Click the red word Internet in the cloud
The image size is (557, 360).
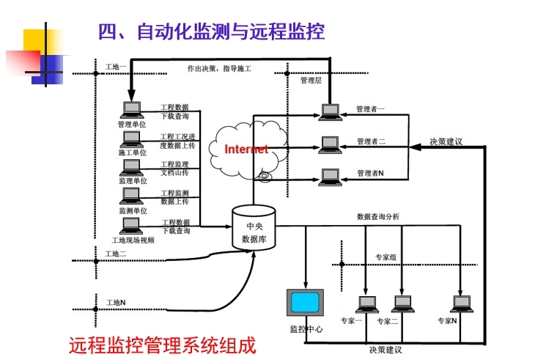click(x=246, y=150)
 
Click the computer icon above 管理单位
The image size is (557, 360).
click(x=132, y=110)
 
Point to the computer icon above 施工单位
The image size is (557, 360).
click(x=132, y=139)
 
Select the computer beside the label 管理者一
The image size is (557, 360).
click(x=330, y=111)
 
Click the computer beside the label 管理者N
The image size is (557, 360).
click(x=330, y=177)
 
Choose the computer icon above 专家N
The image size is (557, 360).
click(x=461, y=304)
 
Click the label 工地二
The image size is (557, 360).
click(x=116, y=254)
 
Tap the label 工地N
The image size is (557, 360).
click(x=116, y=302)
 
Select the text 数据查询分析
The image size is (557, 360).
click(x=378, y=217)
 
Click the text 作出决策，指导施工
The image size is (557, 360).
click(x=220, y=69)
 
